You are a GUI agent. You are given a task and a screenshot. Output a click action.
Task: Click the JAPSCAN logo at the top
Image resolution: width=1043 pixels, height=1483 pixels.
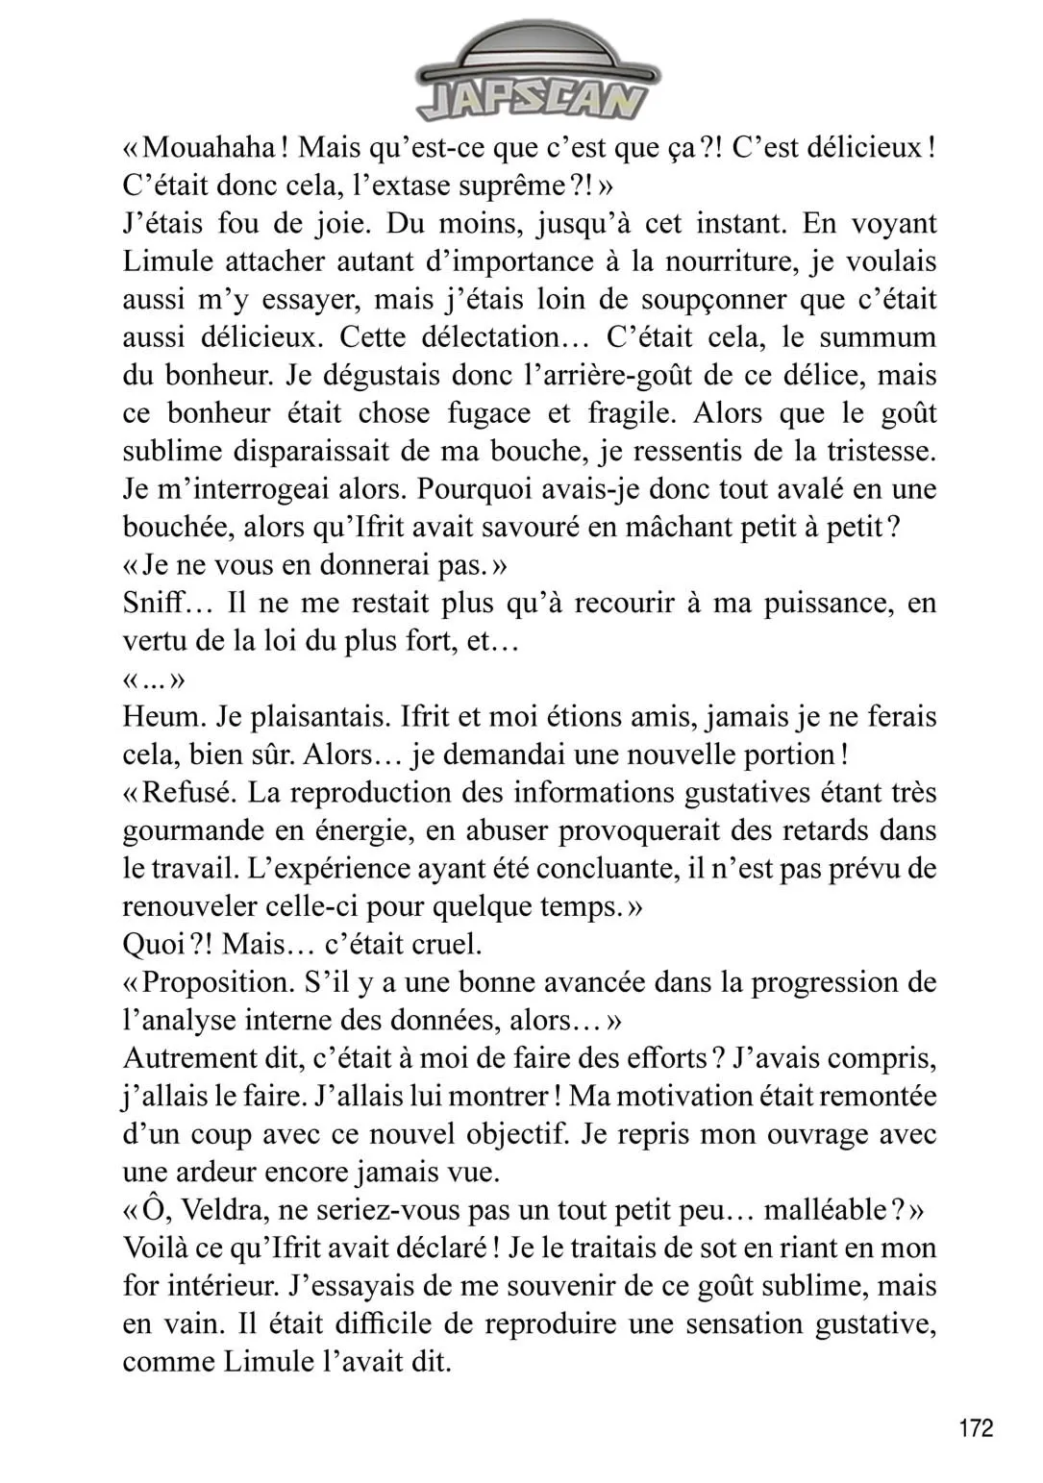pos(531,77)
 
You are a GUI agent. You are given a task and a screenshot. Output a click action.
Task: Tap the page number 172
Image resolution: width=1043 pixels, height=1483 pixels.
pos(976,1428)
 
